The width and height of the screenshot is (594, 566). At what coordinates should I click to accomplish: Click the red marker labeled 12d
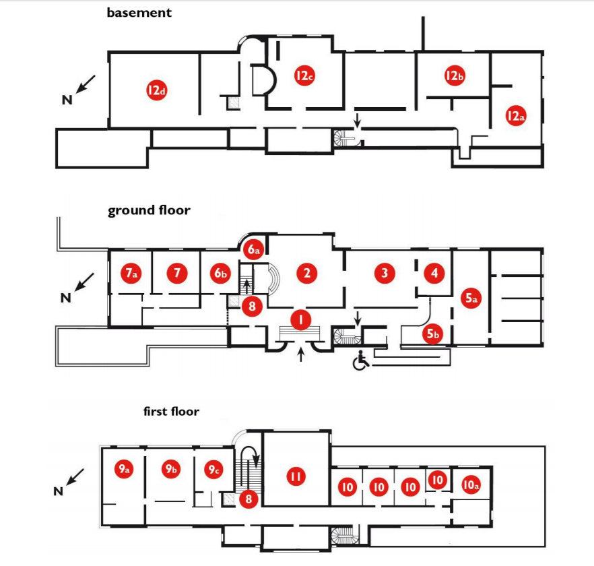[156, 90]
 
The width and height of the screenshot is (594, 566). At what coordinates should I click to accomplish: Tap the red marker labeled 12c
[304, 76]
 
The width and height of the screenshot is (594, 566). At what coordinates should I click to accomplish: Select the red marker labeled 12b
[455, 76]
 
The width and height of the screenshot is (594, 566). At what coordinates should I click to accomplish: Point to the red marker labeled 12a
[515, 116]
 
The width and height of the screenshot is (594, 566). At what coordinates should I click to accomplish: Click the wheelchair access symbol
[362, 362]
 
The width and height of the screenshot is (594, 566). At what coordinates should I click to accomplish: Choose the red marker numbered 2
[306, 273]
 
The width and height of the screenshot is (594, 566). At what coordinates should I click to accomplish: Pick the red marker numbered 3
[384, 273]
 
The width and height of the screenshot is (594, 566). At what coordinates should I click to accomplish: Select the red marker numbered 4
[434, 273]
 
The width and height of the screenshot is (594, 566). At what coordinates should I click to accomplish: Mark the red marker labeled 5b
[434, 333]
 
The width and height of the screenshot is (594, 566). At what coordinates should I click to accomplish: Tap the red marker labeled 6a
[253, 250]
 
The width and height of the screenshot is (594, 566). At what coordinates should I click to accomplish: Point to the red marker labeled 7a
[131, 273]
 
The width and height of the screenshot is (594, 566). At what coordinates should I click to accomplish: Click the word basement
[139, 12]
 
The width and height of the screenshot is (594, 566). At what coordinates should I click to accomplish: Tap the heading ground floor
[149, 210]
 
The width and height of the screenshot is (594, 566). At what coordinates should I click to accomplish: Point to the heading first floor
[171, 411]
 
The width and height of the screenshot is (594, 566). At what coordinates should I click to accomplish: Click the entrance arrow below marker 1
[300, 353]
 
